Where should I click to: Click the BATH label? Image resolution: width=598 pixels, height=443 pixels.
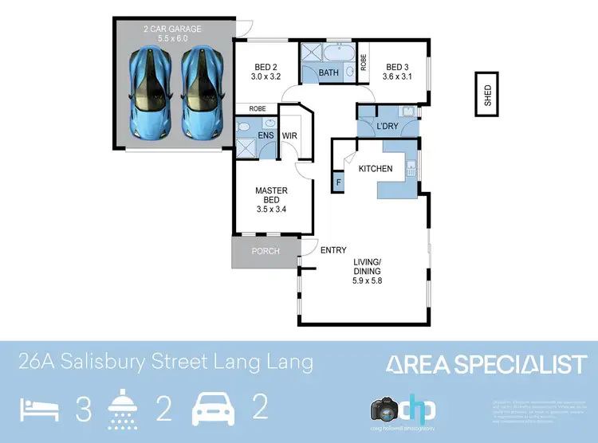pos(329,73)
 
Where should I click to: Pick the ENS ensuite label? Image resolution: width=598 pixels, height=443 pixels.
pos(266,136)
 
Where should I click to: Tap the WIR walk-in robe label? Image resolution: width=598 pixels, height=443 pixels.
pos(289,136)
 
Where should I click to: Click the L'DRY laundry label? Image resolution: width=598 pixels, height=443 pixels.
pos(387,127)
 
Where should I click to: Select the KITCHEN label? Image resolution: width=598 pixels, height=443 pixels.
pos(375,169)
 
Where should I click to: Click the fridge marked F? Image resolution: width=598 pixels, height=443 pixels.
pos(338,183)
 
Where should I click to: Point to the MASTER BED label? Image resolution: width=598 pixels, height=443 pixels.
pos(271,196)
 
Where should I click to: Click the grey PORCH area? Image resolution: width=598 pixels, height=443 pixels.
pos(265,251)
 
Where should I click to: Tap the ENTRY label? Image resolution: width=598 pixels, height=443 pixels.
pos(333,251)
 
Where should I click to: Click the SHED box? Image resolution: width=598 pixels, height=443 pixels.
pos(488,95)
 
